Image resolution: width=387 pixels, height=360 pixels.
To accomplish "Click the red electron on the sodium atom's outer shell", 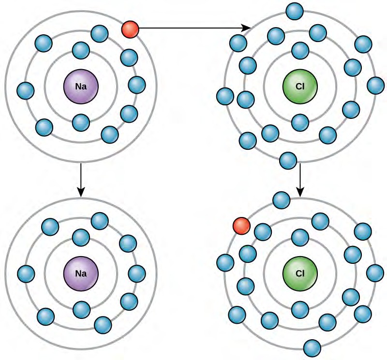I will pos(130,29).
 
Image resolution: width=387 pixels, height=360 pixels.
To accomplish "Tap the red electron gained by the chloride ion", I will pos(241,225).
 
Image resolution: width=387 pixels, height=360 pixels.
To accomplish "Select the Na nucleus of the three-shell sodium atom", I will pos(81,87).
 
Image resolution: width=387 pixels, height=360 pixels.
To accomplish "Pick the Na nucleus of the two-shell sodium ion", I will pos(81,273).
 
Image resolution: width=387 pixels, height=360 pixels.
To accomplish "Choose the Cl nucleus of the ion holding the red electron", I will pos(300,274).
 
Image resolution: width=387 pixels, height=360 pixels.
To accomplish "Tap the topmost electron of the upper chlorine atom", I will pos(295,11).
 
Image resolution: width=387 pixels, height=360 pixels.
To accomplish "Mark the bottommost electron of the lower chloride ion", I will pos(312,347).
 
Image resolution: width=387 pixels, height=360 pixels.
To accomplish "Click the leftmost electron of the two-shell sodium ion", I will pos(26,274).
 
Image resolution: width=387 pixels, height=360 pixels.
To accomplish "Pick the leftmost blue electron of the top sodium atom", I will pos(25,90).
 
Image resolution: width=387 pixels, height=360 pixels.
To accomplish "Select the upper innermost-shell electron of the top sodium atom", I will pos(81,50).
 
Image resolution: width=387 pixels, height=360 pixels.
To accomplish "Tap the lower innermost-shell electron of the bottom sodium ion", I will pos(81,309).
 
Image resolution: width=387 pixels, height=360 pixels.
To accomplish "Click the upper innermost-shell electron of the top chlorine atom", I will pos(300,50).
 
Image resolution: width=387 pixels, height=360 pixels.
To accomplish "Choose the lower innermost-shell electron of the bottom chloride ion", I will pos(300,309).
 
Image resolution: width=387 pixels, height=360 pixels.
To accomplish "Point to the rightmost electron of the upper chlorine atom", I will pos(375,86).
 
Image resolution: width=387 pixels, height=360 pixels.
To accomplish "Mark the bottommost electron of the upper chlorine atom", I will pos(288,160).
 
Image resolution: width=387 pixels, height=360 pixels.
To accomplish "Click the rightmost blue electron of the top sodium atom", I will pos(137,85).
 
